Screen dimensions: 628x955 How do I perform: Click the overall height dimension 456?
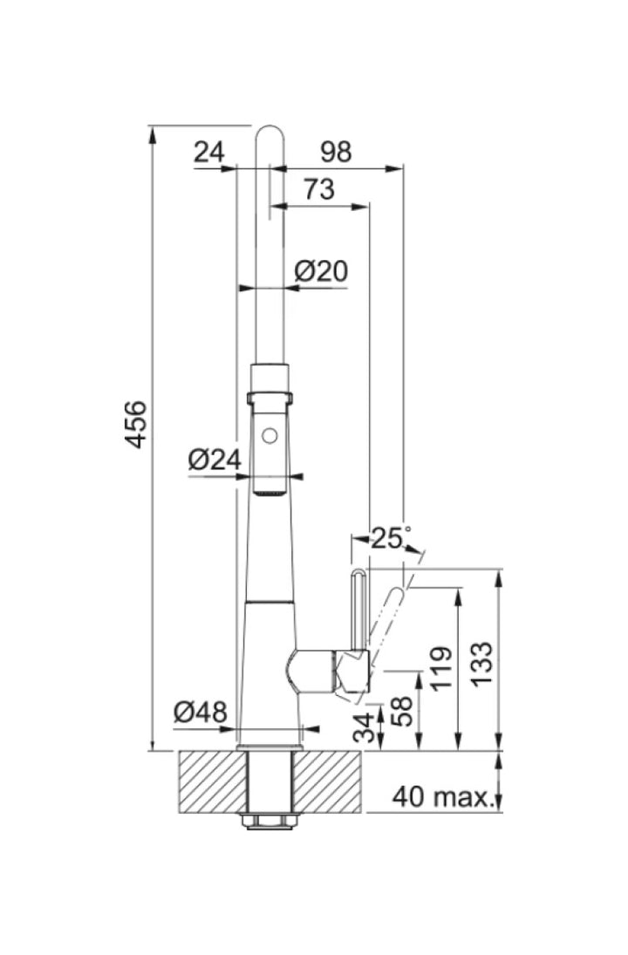(x=135, y=425)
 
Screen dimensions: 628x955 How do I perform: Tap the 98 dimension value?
(x=336, y=152)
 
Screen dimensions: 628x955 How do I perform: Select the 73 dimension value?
(x=319, y=188)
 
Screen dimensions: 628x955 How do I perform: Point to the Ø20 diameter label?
(x=321, y=270)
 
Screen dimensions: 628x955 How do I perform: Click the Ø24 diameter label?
(x=215, y=460)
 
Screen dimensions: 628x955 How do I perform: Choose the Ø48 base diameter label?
(x=201, y=712)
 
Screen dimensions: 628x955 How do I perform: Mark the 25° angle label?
(x=391, y=538)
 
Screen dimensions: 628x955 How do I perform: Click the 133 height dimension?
(x=481, y=664)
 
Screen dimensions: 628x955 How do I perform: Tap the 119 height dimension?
(x=441, y=669)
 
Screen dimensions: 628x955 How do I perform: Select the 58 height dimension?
(x=402, y=711)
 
